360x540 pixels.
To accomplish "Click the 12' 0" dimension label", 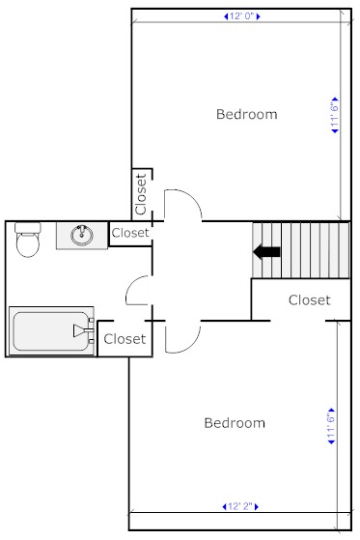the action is coord(242,16).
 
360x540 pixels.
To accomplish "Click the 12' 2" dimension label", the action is coord(240,506).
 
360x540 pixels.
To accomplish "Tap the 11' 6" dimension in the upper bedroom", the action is coord(335,115).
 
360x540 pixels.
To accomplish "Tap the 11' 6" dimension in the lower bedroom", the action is coord(331,426).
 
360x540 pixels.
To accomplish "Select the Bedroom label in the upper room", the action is coord(247,114).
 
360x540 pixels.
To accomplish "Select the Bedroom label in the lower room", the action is coord(235,423).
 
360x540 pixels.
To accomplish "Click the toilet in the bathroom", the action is coord(28,240).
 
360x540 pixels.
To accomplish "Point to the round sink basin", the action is coord(82,235).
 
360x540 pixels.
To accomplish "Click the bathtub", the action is coord(51,330).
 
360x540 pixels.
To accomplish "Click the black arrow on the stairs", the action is coord(266,252).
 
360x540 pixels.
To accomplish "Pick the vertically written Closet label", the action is coord(141,194).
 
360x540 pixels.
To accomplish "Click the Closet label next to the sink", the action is coord(130,233).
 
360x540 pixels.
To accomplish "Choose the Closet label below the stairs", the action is coord(310,300).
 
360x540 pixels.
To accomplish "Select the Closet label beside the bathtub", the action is coord(125,339).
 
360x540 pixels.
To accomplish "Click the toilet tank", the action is coord(28,227).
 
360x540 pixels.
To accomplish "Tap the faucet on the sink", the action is coord(82,231).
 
